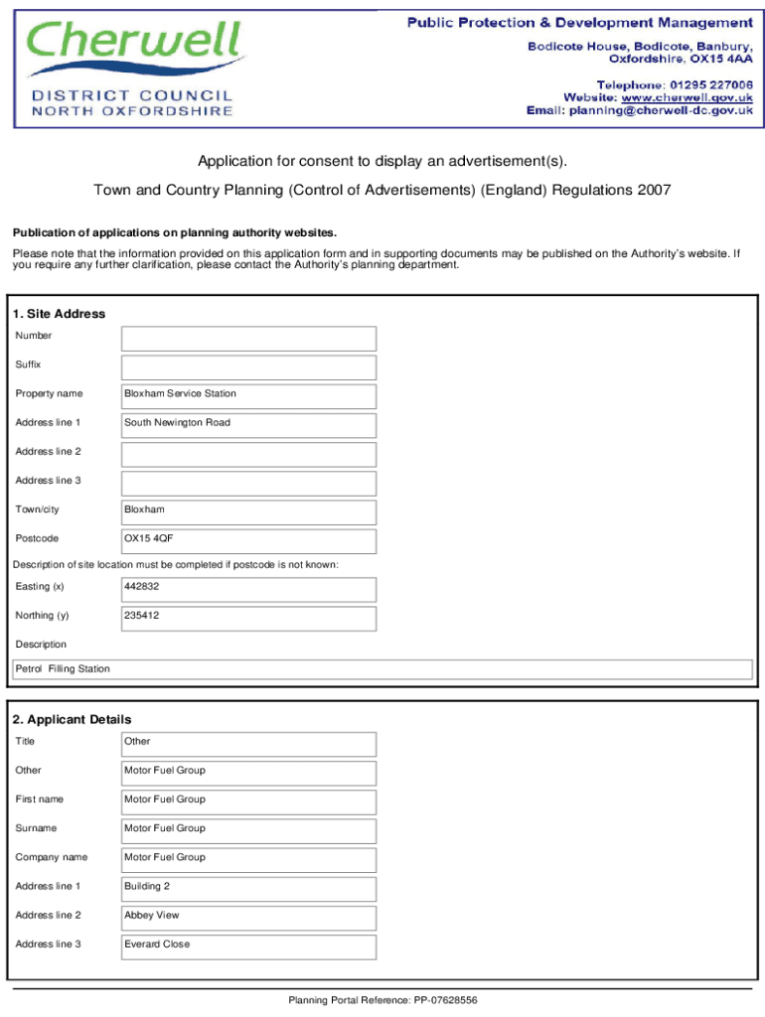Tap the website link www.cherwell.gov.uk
click(687, 97)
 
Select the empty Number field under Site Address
click(248, 339)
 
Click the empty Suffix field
click(248, 367)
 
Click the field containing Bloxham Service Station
click(248, 396)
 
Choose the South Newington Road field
click(248, 425)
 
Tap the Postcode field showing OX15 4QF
click(248, 541)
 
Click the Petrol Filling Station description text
click(63, 669)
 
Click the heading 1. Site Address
click(60, 314)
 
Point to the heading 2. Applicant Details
click(72, 719)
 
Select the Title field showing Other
click(248, 744)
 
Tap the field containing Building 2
click(248, 889)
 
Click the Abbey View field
click(248, 918)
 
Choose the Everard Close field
click(248, 946)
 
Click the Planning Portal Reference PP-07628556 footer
click(382, 1000)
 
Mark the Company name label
click(52, 857)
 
